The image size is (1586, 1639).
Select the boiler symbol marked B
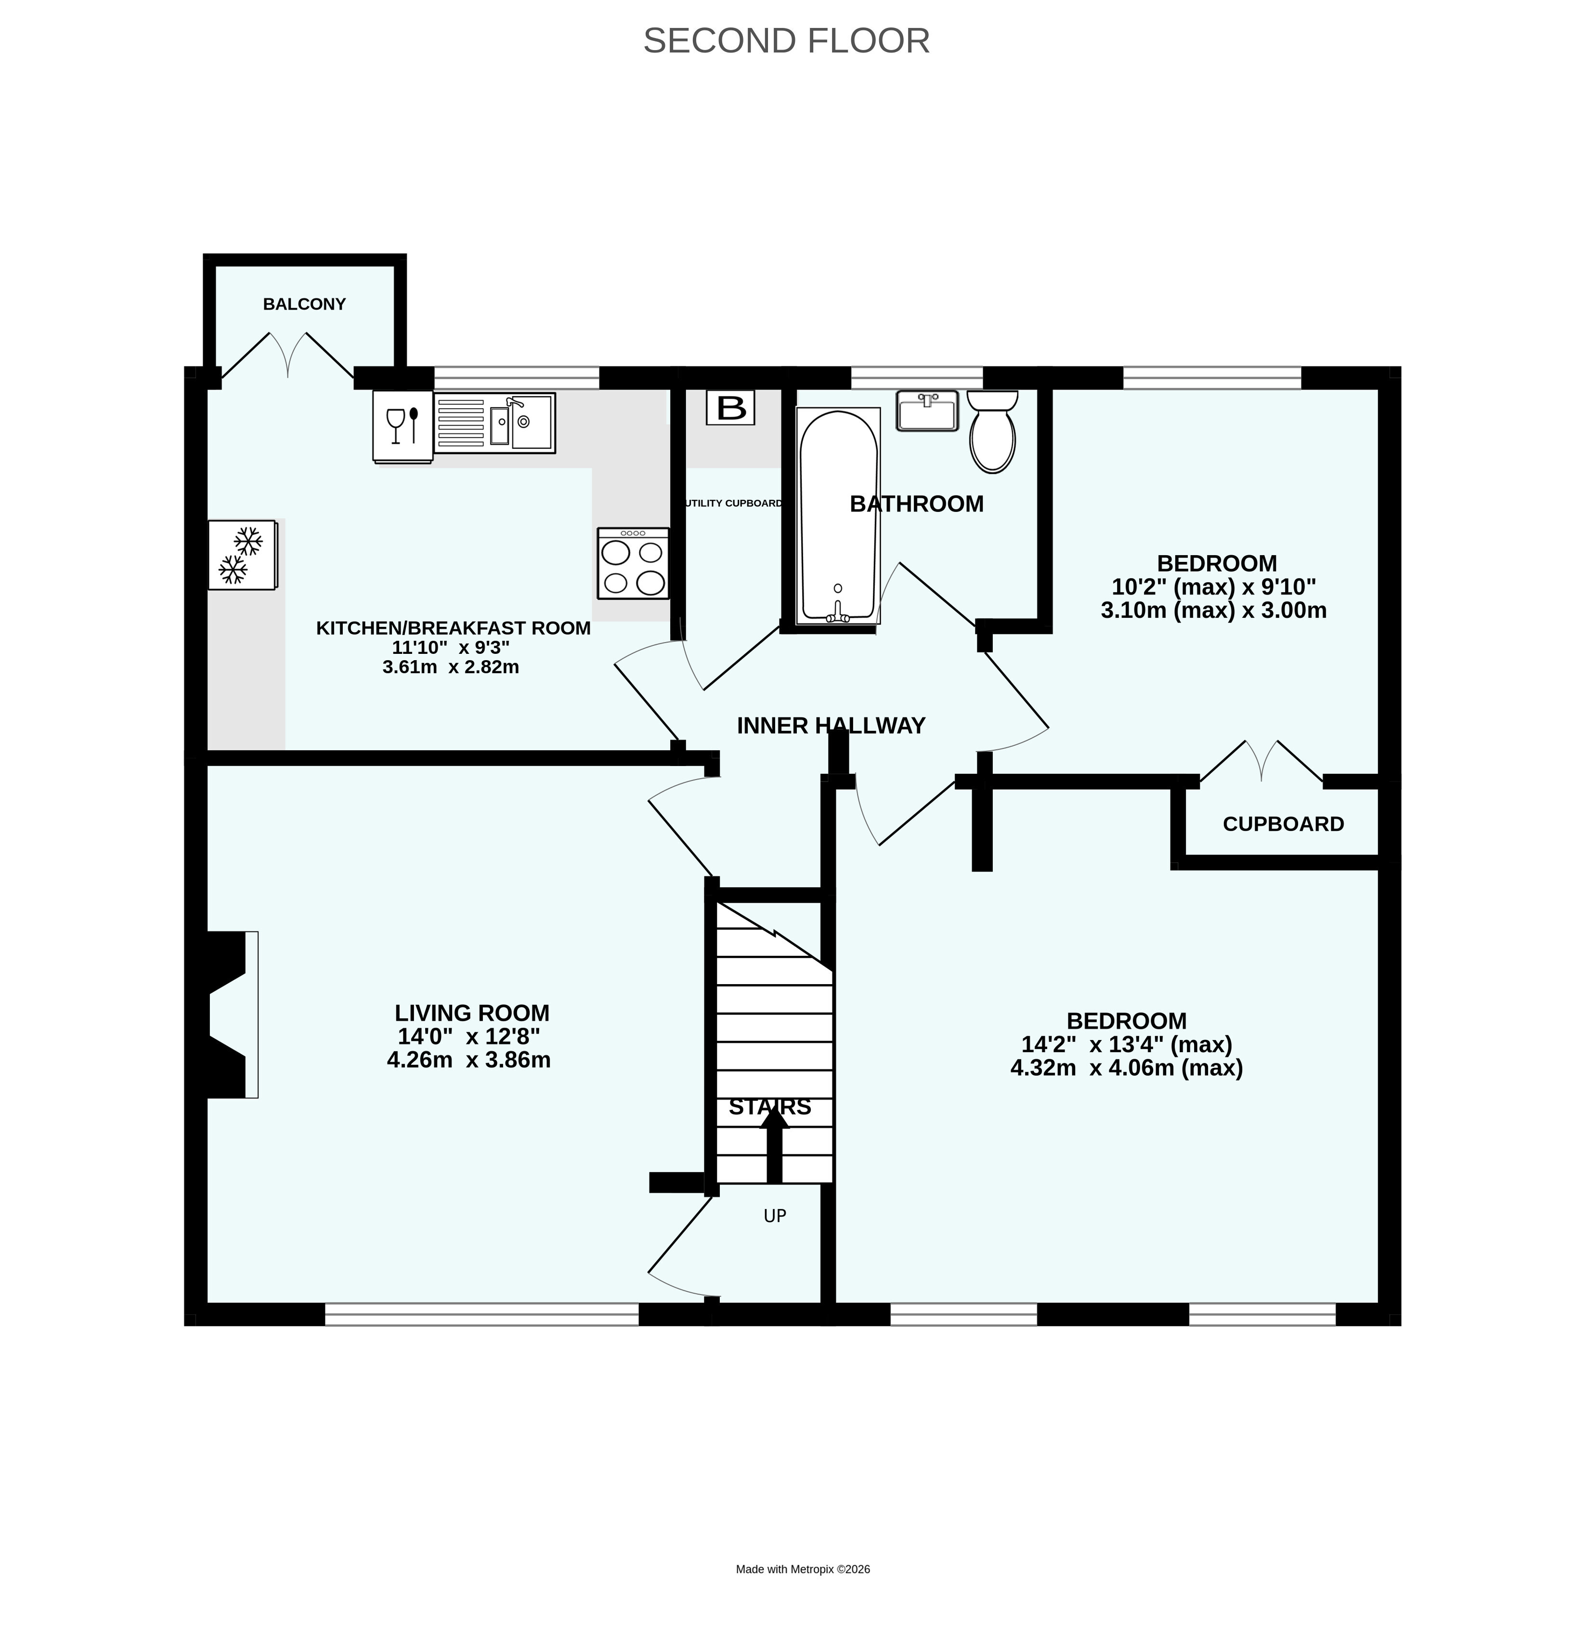pos(731,408)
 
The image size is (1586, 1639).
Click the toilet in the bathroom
pos(992,431)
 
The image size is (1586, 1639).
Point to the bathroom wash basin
pos(927,411)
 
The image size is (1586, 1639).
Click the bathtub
pos(838,515)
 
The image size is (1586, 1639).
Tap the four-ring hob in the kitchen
pos(633,563)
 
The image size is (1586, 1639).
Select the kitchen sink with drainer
pos(494,423)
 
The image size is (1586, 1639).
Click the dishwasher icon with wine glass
pos(402,427)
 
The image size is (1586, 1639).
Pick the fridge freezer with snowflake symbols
pos(242,554)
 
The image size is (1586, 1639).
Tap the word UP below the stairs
pos(775,1216)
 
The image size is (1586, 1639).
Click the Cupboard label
pos(1283,824)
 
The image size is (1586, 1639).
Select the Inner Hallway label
pos(831,726)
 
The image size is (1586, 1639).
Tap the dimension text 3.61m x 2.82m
pos(451,667)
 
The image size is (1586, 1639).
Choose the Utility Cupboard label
pos(733,504)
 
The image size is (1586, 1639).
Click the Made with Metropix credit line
pos(803,1570)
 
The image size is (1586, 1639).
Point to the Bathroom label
pos(916,504)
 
